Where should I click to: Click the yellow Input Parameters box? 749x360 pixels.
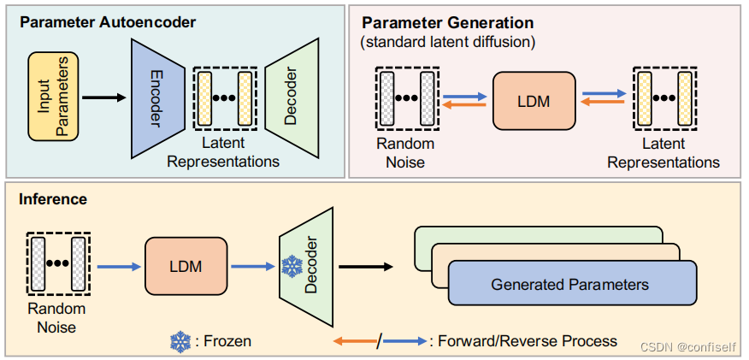coord(54,97)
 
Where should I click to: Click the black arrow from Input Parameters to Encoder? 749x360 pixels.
coord(104,97)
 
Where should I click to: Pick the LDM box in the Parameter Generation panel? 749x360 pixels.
coord(534,101)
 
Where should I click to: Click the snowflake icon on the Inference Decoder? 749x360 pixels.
coord(292,266)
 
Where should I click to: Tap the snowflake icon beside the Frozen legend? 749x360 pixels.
coord(180,342)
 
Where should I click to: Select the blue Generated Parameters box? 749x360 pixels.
coord(572,283)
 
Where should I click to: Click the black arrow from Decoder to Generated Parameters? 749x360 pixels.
coord(365,267)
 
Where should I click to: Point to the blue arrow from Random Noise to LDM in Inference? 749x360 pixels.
coord(119,267)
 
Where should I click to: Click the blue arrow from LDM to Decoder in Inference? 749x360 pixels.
coord(253,267)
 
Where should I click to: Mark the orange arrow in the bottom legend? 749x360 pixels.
coord(355,341)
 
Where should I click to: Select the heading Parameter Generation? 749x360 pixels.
coord(447,22)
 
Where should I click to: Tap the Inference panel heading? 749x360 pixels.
coord(53,198)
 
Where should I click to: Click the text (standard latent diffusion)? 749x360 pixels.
coord(448,42)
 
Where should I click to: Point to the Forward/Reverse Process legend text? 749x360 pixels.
coord(523,341)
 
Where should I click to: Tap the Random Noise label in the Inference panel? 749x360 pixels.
coord(56,318)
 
